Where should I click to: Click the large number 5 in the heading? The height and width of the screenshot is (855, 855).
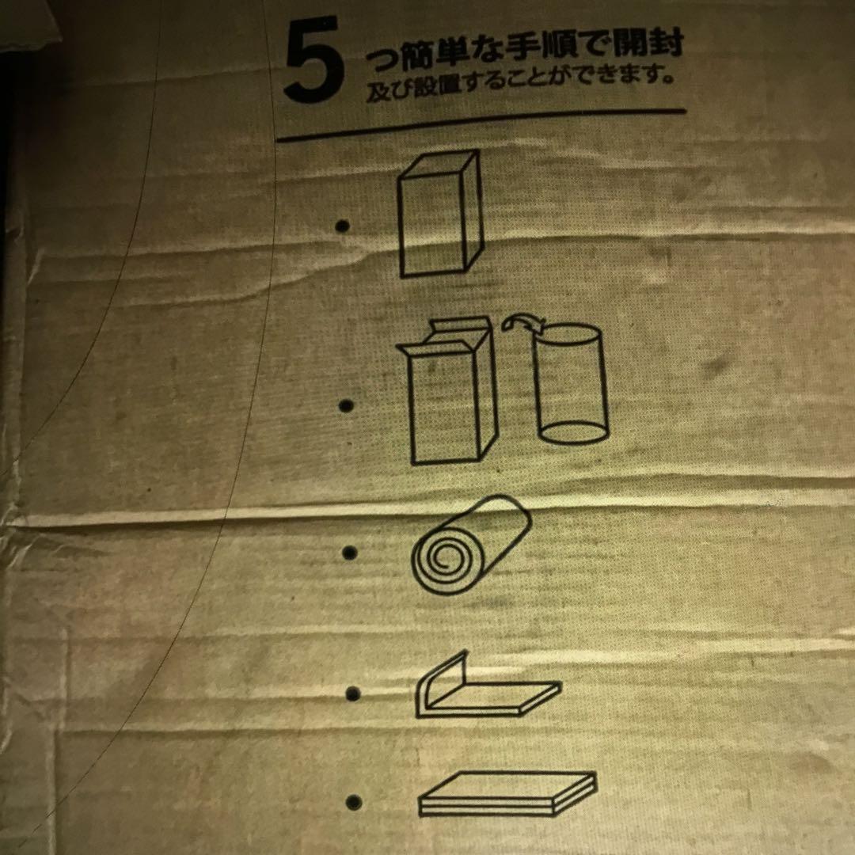[314, 60]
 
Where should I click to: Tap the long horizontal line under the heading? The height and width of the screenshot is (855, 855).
[481, 125]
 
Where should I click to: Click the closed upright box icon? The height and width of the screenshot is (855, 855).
[441, 214]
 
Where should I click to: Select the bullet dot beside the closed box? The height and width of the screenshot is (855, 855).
[342, 226]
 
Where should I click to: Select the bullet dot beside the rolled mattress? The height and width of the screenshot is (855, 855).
[349, 553]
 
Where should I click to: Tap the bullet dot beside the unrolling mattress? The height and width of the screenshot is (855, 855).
[353, 693]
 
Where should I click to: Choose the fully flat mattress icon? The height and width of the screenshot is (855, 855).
[507, 794]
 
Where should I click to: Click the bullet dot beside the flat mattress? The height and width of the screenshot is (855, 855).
[354, 803]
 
